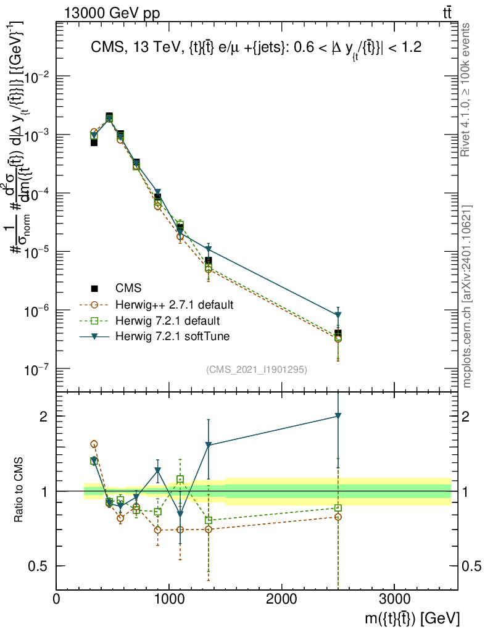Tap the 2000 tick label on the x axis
point(282,599)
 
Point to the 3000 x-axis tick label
point(395,599)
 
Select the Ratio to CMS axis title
point(19,491)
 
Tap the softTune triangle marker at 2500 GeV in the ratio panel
point(338,416)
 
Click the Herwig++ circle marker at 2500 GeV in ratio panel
point(338,517)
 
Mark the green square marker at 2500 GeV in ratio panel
point(338,508)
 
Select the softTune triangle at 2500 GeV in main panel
point(338,315)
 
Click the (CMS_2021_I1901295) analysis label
point(257,369)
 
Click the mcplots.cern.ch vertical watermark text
point(467,296)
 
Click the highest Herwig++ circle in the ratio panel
point(94,444)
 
